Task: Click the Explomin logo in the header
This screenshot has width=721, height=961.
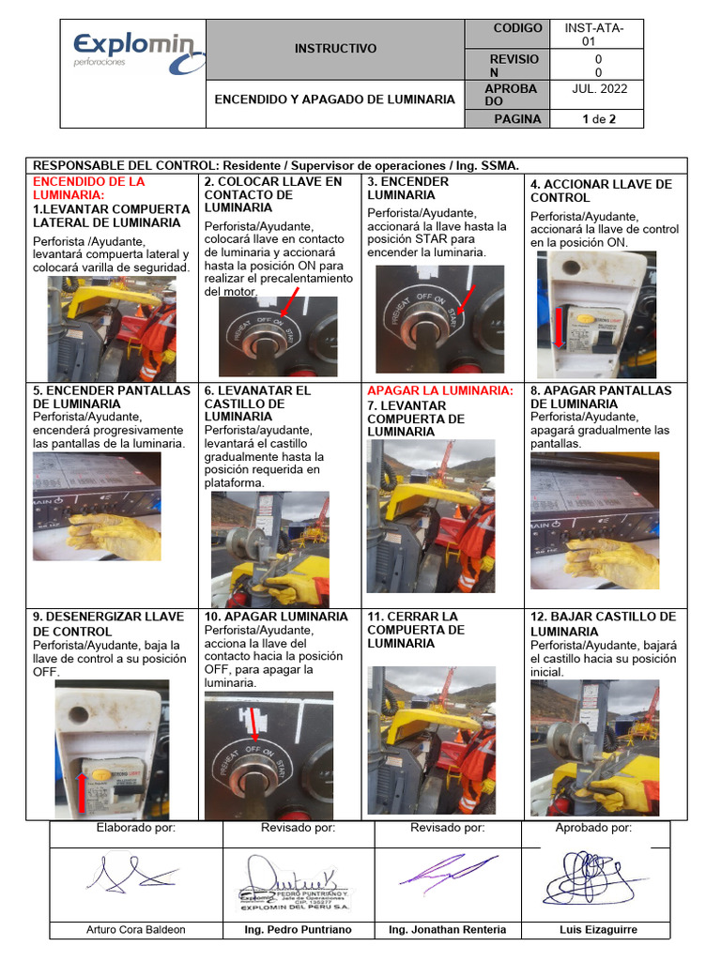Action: (132, 52)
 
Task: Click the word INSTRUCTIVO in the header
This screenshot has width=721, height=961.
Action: (335, 48)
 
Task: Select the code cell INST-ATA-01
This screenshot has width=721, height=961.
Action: (594, 35)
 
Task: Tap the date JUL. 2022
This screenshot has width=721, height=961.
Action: (599, 88)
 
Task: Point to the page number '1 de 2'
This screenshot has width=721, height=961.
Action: (598, 119)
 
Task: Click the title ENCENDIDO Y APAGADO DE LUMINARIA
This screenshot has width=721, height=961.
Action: (335, 99)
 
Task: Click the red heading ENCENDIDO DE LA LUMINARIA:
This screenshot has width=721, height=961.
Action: (89, 188)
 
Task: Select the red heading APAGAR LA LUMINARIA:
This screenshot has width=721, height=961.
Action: (440, 390)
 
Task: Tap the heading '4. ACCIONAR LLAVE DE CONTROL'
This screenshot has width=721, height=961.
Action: (601, 191)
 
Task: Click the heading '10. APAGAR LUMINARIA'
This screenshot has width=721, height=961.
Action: (275, 617)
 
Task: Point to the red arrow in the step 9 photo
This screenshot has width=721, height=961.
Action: (83, 789)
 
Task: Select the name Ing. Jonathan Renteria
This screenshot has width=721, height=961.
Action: (447, 930)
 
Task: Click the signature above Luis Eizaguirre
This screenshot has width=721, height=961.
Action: (592, 877)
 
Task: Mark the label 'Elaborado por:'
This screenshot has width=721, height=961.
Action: (135, 828)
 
